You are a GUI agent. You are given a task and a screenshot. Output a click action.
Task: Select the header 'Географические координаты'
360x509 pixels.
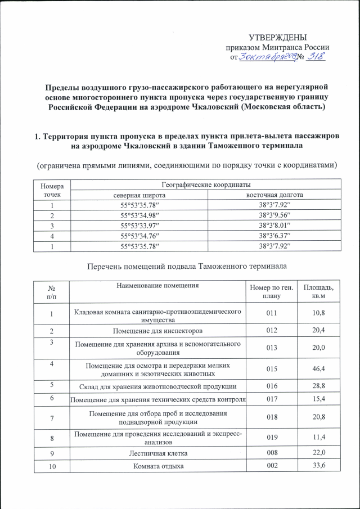[206, 184]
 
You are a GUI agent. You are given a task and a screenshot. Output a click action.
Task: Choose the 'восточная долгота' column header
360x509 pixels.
[274, 195]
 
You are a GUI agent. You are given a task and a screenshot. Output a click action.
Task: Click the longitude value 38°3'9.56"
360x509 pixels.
[274, 215]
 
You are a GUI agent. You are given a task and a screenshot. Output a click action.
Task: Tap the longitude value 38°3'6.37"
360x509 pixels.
[274, 236]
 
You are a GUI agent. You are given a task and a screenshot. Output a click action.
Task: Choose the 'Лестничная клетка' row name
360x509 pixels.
[157, 453]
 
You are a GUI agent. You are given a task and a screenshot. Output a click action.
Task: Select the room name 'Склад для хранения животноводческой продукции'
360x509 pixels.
[157, 386]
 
